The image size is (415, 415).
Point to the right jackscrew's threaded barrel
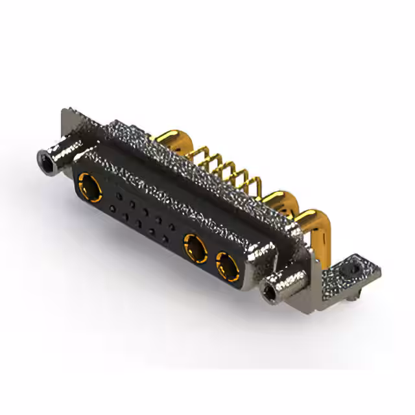pyautogui.click(x=285, y=283)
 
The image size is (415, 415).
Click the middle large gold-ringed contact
pyautogui.click(x=195, y=248)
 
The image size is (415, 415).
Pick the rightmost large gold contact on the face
pyautogui.click(x=226, y=266)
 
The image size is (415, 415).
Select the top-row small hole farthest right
pyautogui.click(x=172, y=226)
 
